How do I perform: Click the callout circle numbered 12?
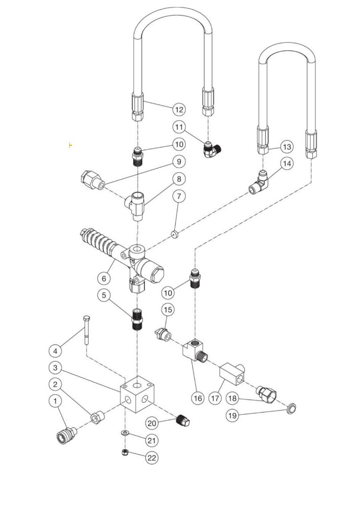click(x=179, y=109)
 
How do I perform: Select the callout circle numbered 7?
click(x=179, y=196)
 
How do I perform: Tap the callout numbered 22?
click(x=152, y=458)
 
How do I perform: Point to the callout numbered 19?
click(x=232, y=416)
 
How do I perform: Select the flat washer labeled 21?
click(x=125, y=433)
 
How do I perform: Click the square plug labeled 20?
click(x=183, y=421)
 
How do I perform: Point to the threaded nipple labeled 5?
click(x=138, y=318)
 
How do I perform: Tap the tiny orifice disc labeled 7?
click(x=175, y=233)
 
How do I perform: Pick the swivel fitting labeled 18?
click(x=265, y=394)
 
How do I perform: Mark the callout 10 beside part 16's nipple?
click(x=168, y=293)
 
